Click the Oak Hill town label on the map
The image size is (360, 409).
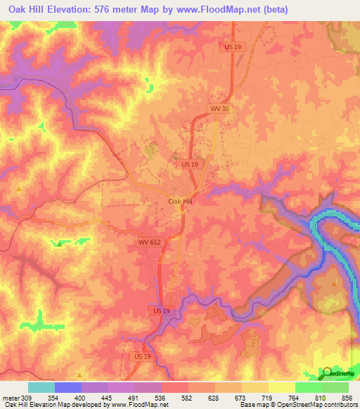(x=180, y=201)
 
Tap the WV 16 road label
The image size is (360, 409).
(x=220, y=109)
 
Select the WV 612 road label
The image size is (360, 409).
(x=149, y=242)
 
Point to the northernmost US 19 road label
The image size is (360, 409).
(x=233, y=46)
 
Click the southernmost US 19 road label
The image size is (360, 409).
(x=142, y=357)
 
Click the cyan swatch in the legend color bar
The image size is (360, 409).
(x=41, y=388)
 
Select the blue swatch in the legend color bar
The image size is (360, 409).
(x=67, y=388)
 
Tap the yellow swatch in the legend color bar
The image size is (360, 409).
(x=281, y=388)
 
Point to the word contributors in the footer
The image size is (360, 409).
(x=339, y=405)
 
